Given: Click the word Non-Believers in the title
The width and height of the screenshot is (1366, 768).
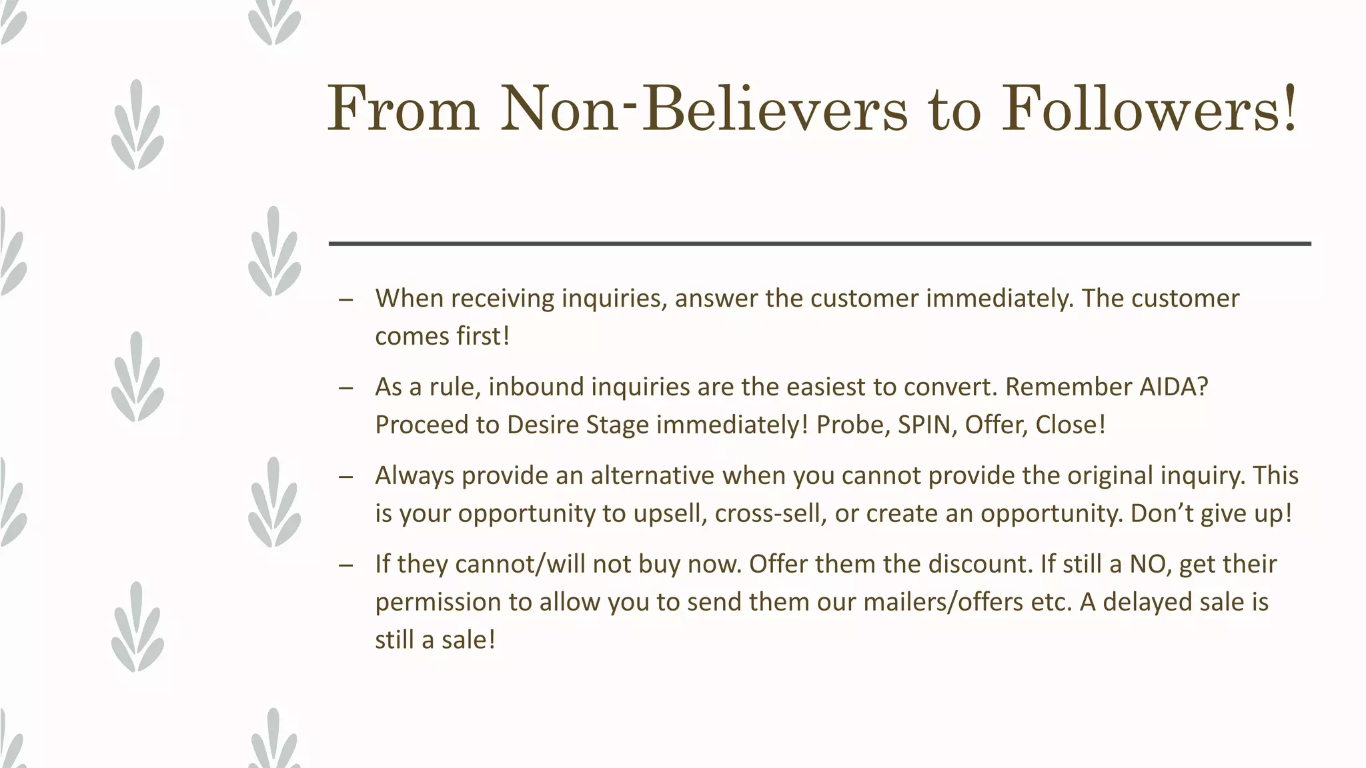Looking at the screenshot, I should tap(703, 109).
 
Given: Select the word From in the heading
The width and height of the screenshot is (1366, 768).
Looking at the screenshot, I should tap(403, 109).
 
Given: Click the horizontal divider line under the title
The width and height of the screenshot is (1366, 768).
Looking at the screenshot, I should tap(820, 244).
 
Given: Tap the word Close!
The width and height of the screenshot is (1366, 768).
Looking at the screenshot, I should tap(1071, 425).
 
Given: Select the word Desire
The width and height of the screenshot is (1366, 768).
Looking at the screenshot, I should tap(543, 425).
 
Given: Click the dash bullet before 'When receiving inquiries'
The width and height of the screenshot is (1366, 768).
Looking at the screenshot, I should tap(346, 299).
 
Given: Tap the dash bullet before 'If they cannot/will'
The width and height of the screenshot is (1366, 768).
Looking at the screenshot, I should tap(346, 565).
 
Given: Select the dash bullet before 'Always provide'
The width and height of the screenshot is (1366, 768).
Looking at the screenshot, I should tap(346, 477).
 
